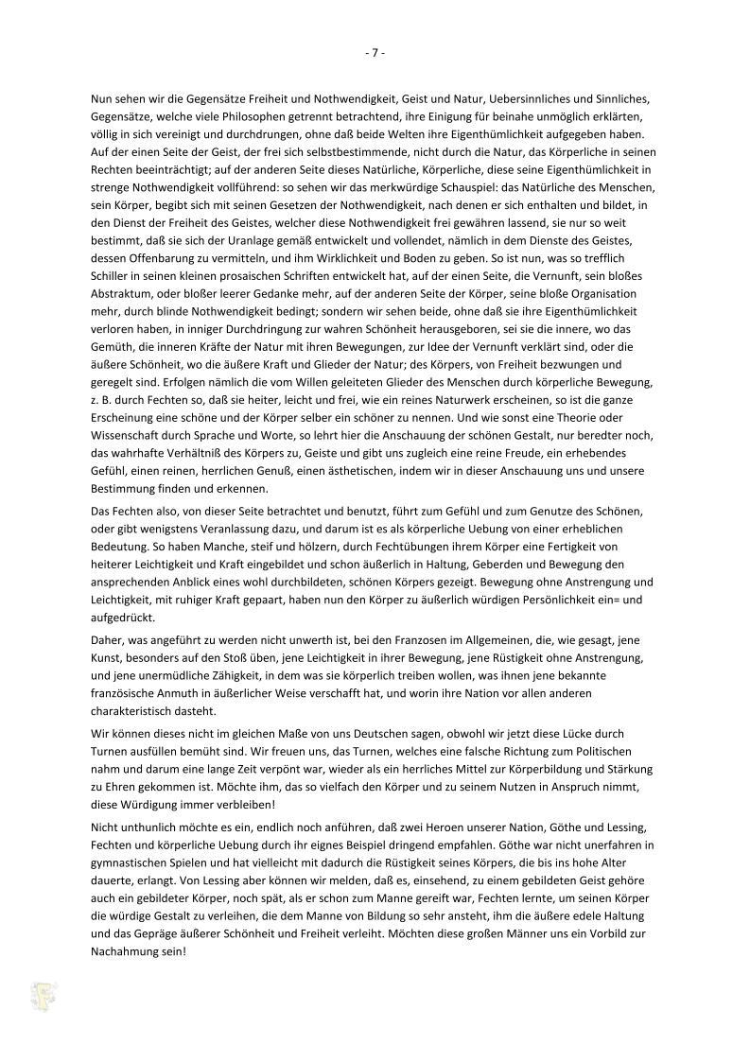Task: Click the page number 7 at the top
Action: pos(375,53)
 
